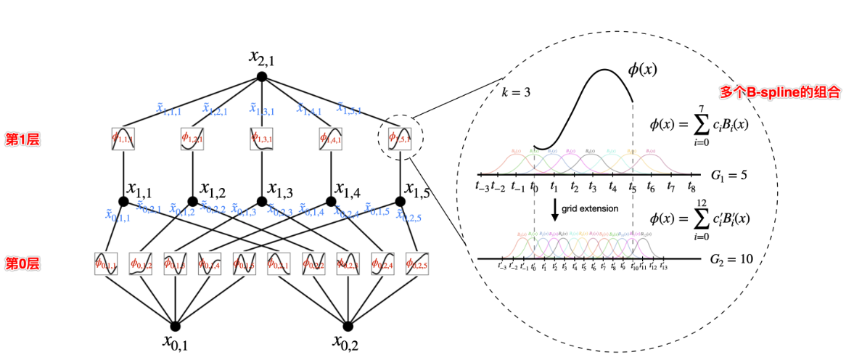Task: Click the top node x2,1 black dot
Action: coord(261,76)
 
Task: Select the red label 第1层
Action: coord(22,139)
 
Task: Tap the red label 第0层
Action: coord(22,263)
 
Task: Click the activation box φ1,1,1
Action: coord(123,139)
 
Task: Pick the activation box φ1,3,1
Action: coord(261,139)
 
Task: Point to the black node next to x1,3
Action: coord(261,201)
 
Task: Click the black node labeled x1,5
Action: coord(400,201)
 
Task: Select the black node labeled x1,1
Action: coord(123,201)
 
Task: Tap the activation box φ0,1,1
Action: coord(105,263)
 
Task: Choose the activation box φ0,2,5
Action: coord(417,263)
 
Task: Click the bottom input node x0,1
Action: coord(175,325)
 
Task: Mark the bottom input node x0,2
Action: coord(348,325)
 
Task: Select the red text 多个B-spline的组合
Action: coord(780,92)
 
